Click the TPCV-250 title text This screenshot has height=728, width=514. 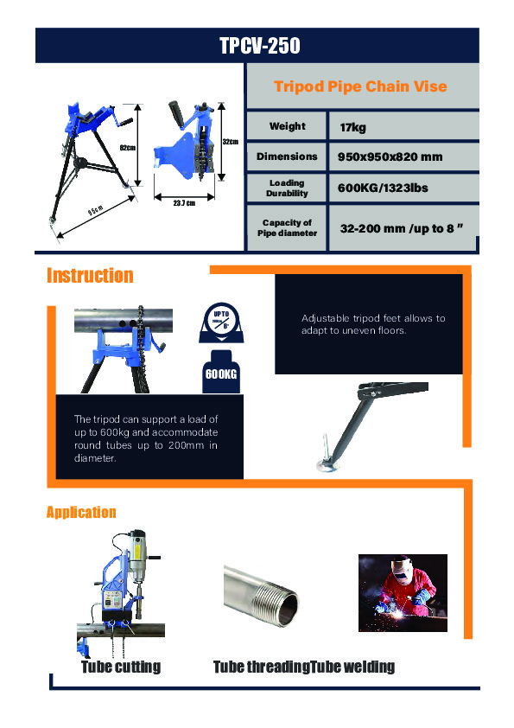[259, 45]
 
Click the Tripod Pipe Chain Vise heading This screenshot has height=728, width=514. [360, 86]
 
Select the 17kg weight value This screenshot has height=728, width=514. [353, 127]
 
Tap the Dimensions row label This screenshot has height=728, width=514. [287, 157]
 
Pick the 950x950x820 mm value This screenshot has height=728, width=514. [390, 157]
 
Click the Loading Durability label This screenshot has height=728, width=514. [287, 188]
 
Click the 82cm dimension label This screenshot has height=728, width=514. [127, 148]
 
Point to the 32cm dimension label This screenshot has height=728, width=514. [230, 141]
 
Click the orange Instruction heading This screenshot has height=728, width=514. [90, 276]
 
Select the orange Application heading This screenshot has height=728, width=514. [80, 512]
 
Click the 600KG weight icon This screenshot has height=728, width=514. [221, 373]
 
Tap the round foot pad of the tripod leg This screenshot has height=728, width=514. [325, 468]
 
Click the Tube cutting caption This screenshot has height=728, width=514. [120, 667]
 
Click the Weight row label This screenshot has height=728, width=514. [287, 126]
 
